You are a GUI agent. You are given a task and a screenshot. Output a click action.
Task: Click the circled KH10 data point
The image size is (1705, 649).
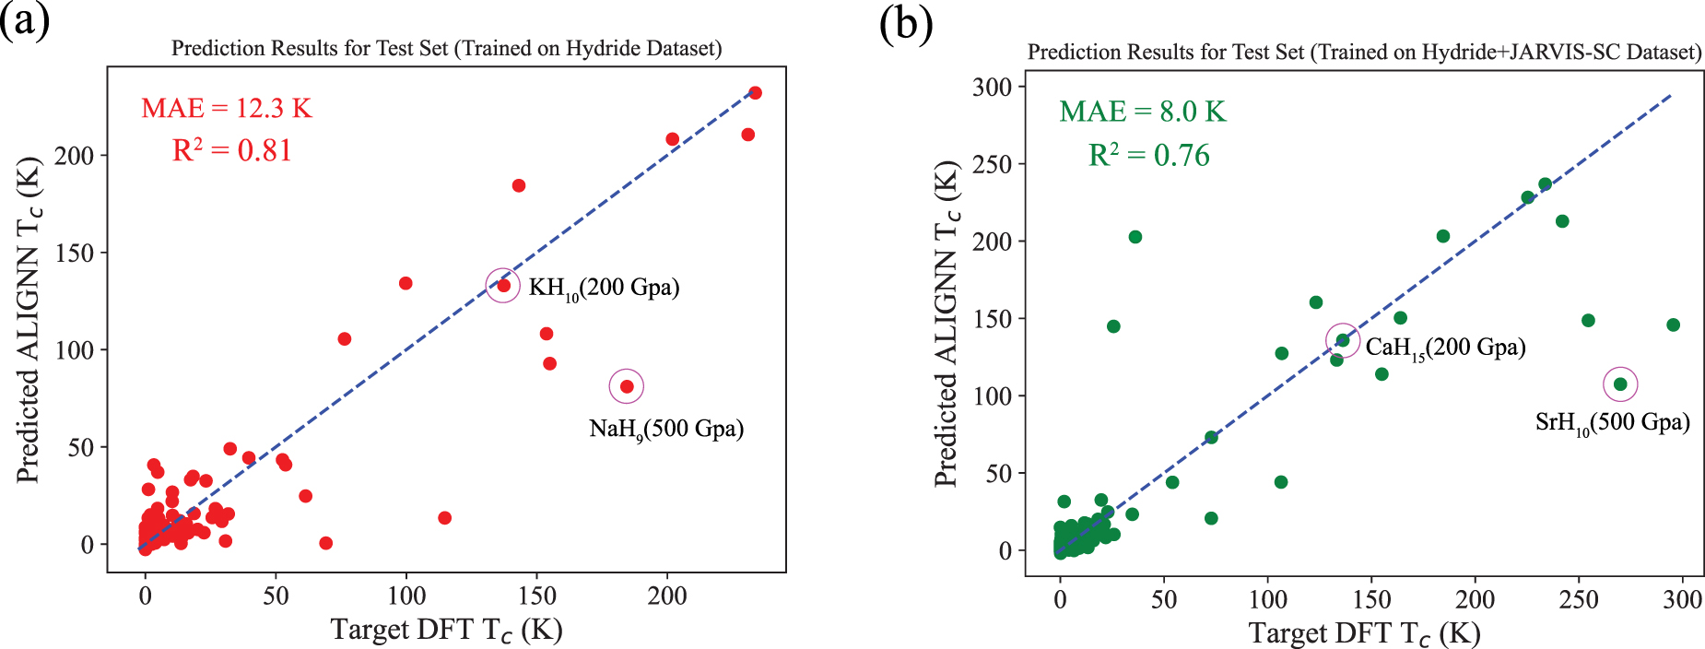tap(503, 286)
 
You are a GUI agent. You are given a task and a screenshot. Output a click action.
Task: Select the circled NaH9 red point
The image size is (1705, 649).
tap(627, 386)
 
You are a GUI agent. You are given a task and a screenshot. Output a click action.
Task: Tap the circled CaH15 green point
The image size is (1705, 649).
tap(1343, 340)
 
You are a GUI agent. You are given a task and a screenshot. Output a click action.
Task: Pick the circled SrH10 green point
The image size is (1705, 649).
tap(1620, 384)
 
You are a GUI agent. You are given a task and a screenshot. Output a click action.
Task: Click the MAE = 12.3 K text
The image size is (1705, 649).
tap(226, 109)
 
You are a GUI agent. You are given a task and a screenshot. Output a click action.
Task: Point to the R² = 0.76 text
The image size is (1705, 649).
tap(1148, 156)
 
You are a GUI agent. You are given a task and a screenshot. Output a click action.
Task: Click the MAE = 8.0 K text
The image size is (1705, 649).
tap(1142, 112)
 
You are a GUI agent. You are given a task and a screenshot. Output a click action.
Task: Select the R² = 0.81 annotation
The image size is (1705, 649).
tap(231, 150)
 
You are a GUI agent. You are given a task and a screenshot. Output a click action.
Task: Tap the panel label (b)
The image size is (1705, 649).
tap(905, 24)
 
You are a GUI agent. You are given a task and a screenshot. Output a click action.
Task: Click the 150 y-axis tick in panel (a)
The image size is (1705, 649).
tap(74, 253)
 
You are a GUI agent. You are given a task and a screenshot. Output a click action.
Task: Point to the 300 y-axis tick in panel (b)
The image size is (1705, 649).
tap(992, 88)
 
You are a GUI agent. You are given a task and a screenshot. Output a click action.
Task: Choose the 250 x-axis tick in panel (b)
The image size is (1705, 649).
tap(1578, 600)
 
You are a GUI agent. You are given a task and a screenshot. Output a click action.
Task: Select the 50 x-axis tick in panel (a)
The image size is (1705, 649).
tap(276, 596)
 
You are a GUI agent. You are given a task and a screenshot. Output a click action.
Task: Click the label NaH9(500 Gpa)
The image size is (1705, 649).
tap(665, 429)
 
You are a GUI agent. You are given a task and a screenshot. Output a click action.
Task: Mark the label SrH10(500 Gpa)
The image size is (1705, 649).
tap(1612, 423)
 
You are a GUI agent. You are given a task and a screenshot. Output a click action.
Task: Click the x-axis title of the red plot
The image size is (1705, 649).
tap(446, 630)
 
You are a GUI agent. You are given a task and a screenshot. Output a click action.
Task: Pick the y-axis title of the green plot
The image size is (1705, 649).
tap(947, 323)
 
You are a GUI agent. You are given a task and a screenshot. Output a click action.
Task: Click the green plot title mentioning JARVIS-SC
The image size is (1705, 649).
tap(1364, 52)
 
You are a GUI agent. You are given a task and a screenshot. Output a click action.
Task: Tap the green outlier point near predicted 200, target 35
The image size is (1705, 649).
tap(1135, 237)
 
